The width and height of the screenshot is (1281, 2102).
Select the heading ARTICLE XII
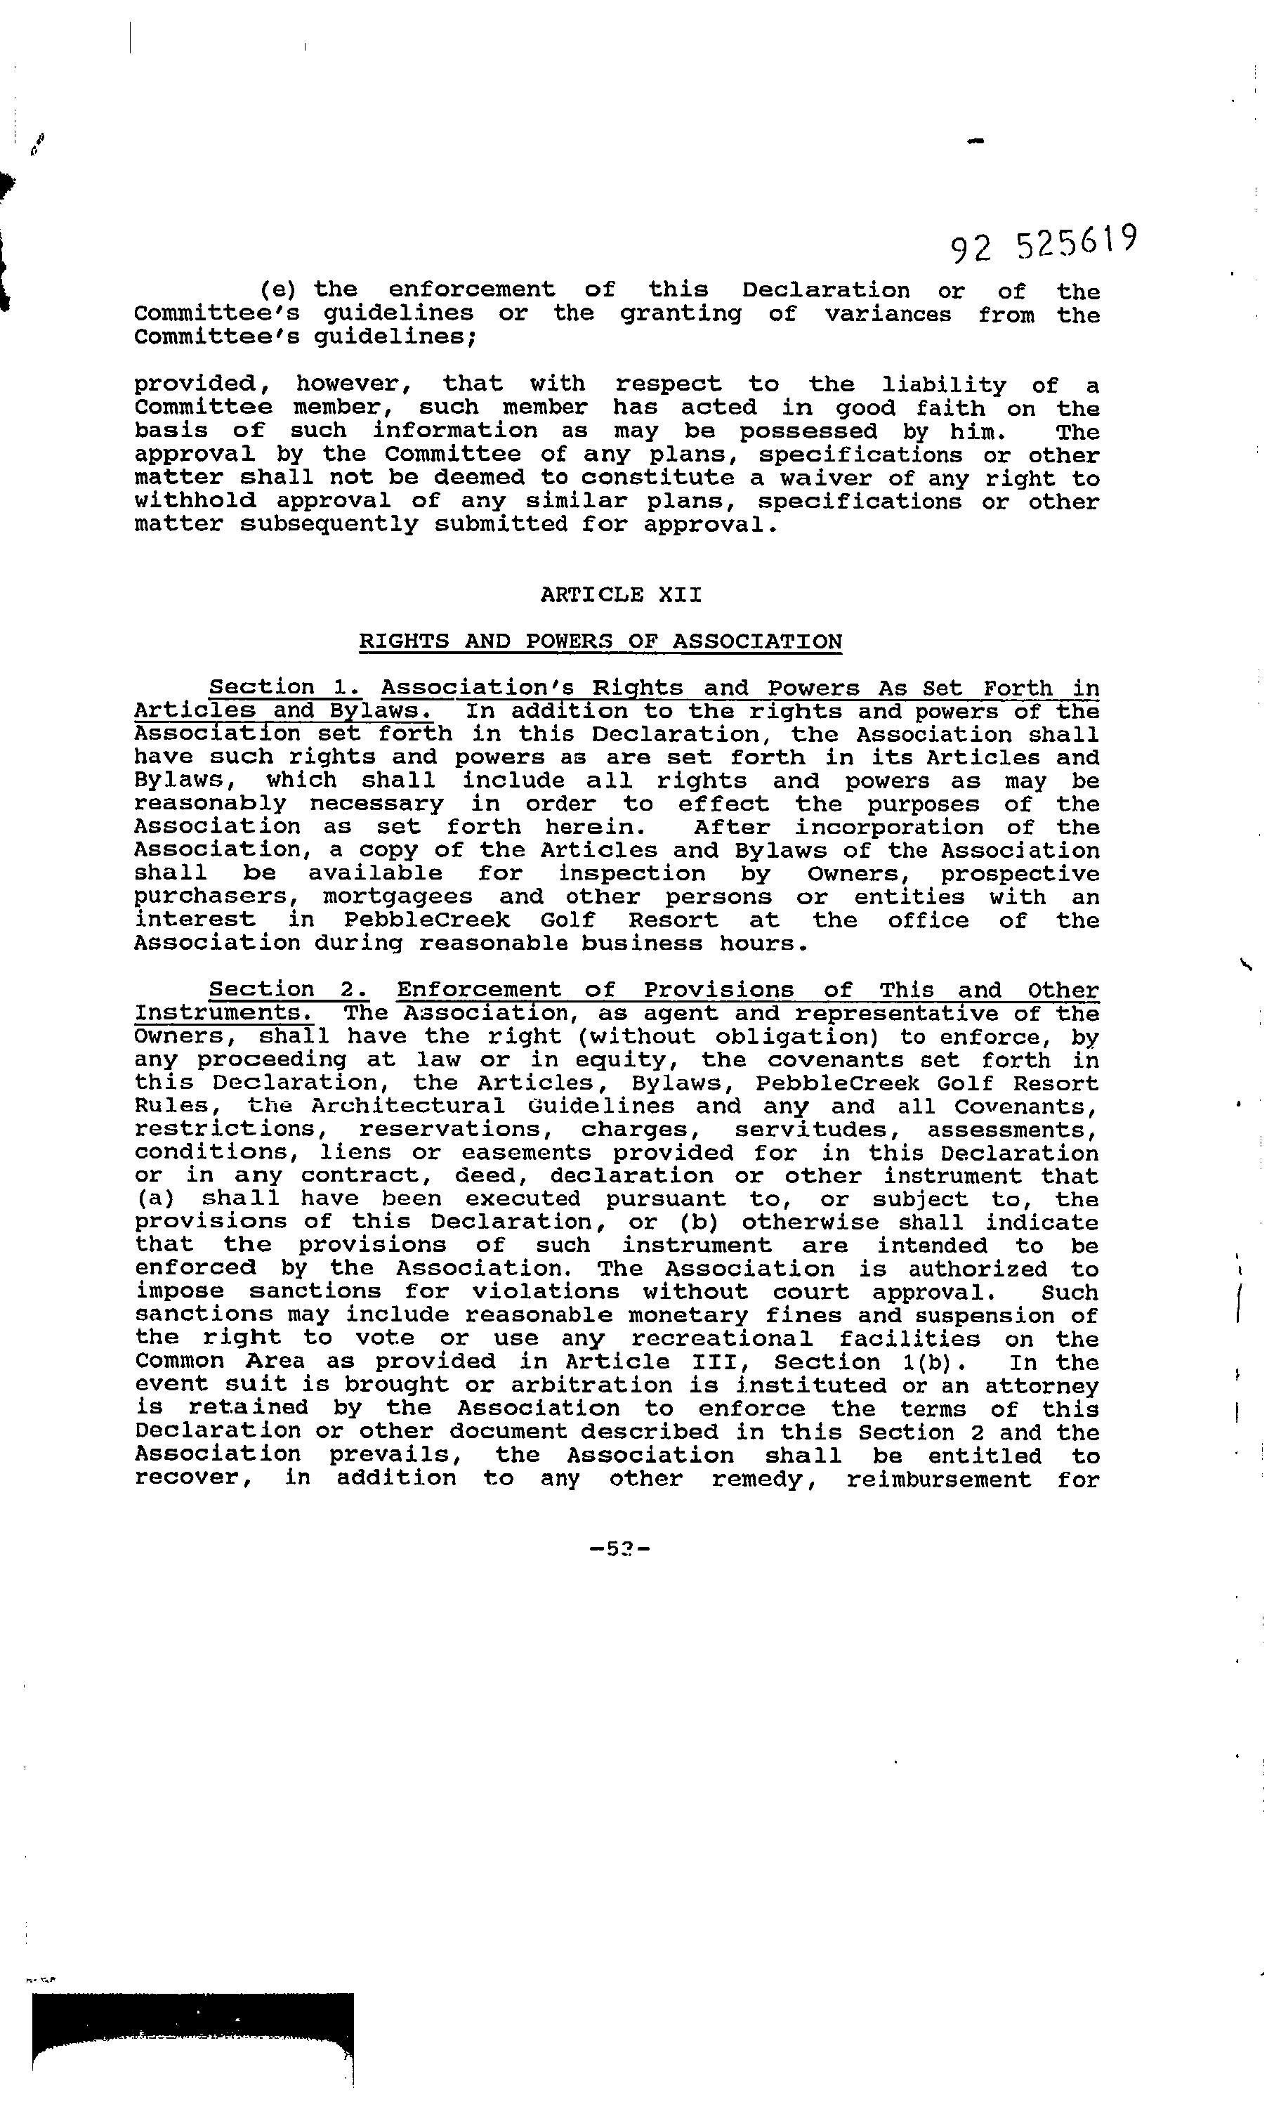click(621, 594)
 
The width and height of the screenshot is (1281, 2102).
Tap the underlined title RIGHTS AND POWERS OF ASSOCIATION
click(600, 641)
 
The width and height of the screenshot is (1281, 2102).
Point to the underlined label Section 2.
click(288, 990)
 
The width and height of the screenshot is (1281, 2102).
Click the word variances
click(887, 314)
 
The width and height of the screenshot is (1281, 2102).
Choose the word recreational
click(721, 1338)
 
